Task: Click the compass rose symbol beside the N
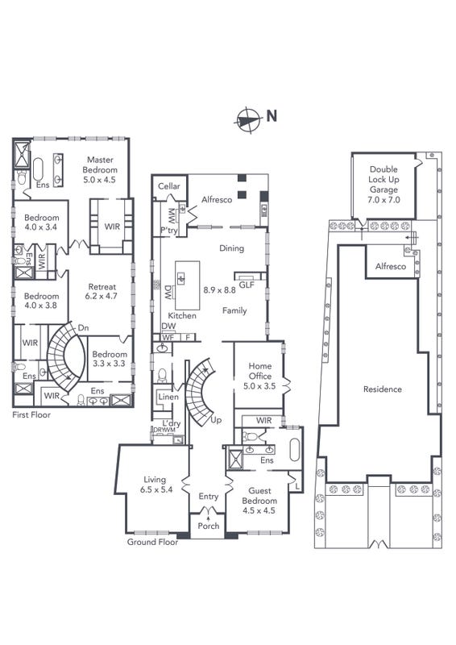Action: [x=248, y=120]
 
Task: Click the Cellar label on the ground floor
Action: [x=169, y=186]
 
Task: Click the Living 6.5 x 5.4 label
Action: [x=155, y=485]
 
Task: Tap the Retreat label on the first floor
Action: [x=102, y=286]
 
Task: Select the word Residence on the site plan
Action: [x=383, y=389]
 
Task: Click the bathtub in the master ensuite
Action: [x=38, y=169]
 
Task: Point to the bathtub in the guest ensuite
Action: [x=295, y=450]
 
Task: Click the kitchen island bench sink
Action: [x=181, y=278]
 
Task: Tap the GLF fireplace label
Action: [x=247, y=285]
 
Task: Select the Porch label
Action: [x=209, y=526]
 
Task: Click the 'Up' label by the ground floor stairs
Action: [x=216, y=420]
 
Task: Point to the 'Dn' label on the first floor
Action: [x=84, y=328]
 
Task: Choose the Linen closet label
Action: [x=168, y=397]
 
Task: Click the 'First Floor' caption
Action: [x=31, y=414]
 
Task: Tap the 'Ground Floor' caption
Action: [x=152, y=542]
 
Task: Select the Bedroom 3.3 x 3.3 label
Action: [x=109, y=359]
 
